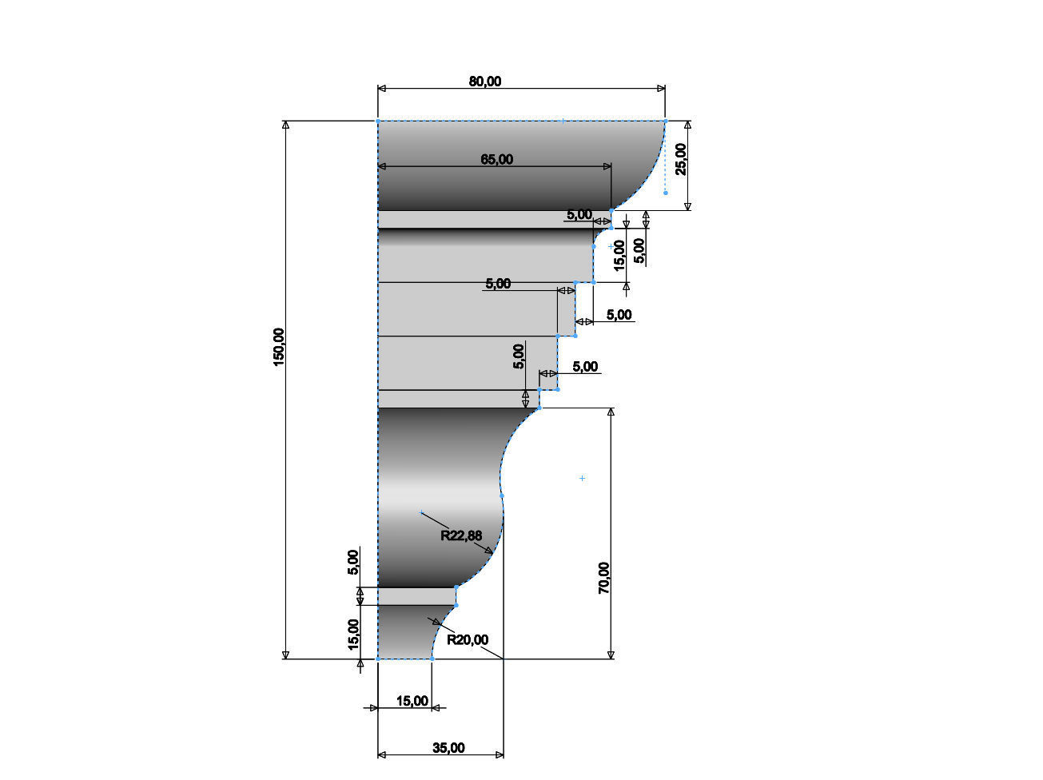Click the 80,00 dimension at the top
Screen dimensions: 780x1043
click(485, 81)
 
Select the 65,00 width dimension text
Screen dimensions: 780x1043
click(496, 159)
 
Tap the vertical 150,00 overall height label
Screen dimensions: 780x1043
click(279, 347)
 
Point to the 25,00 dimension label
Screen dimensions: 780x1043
click(680, 158)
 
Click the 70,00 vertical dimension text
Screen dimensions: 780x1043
click(604, 577)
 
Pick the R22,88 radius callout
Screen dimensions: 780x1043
click(461, 535)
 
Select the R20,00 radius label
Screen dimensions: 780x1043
click(468, 639)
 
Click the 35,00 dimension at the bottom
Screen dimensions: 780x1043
click(448, 748)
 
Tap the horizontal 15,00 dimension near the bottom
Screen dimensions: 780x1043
click(412, 701)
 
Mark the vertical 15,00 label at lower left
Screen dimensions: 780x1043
click(353, 635)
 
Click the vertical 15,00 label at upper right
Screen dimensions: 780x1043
click(619, 256)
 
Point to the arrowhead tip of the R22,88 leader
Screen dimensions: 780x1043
click(492, 554)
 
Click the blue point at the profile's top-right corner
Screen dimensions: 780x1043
click(665, 121)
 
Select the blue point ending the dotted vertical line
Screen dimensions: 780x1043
click(665, 193)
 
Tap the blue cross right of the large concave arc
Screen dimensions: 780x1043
click(582, 478)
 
